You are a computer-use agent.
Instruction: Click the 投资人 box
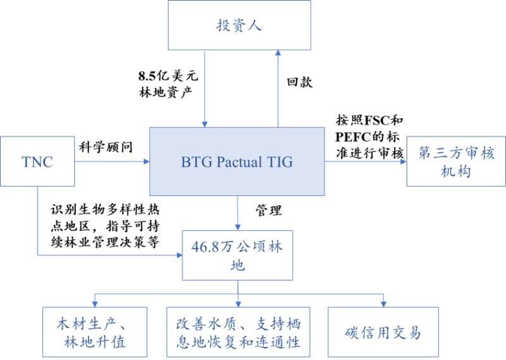(240, 25)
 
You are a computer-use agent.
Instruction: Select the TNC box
(37, 161)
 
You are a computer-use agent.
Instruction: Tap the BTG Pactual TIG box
(237, 161)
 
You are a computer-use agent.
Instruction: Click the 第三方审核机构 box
(456, 161)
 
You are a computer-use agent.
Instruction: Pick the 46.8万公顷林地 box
(238, 256)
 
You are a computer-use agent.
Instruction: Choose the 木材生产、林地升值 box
(95, 332)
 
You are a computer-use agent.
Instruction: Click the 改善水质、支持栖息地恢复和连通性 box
(238, 332)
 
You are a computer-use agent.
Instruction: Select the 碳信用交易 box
(383, 332)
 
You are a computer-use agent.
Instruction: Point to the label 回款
(300, 82)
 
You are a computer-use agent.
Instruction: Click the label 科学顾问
(106, 147)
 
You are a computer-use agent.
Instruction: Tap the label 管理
(269, 211)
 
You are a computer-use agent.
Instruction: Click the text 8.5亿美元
(168, 76)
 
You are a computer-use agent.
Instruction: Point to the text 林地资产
(166, 92)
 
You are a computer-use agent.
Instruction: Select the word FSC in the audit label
(376, 120)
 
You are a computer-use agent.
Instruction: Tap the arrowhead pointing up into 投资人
(278, 53)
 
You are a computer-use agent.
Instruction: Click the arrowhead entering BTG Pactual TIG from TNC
(147, 161)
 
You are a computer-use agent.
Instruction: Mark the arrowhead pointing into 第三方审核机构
(404, 161)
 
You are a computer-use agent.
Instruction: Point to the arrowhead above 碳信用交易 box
(384, 304)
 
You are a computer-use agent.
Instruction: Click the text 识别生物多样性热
(105, 210)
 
